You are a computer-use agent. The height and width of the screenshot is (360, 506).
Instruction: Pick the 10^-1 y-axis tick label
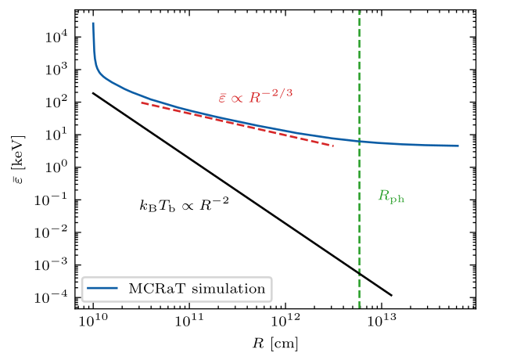(x=54, y=200)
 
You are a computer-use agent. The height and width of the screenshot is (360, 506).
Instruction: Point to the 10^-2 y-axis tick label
(x=54, y=233)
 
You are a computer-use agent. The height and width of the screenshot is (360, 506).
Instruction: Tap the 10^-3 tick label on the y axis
(x=54, y=265)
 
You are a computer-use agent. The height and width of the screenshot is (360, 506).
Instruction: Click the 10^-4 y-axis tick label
(x=54, y=298)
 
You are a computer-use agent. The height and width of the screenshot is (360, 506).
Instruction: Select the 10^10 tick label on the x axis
(x=93, y=322)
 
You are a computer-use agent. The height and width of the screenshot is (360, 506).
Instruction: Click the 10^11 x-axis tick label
(x=189, y=322)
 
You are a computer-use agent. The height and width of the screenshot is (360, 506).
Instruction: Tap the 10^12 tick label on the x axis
(x=285, y=322)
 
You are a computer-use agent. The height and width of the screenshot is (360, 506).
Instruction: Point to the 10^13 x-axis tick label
(x=382, y=322)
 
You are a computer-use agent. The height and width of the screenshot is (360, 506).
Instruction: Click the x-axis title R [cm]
(x=275, y=343)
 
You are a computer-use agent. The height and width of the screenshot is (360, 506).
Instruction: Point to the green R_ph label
(x=391, y=197)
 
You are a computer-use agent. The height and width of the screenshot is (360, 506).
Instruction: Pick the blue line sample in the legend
(x=102, y=289)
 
